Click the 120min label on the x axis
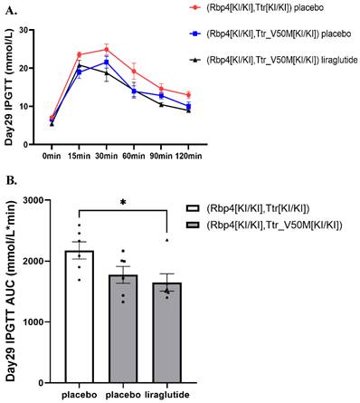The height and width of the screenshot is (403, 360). [187, 142]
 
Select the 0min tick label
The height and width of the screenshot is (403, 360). [52, 142]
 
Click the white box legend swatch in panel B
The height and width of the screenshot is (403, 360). [192, 207]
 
